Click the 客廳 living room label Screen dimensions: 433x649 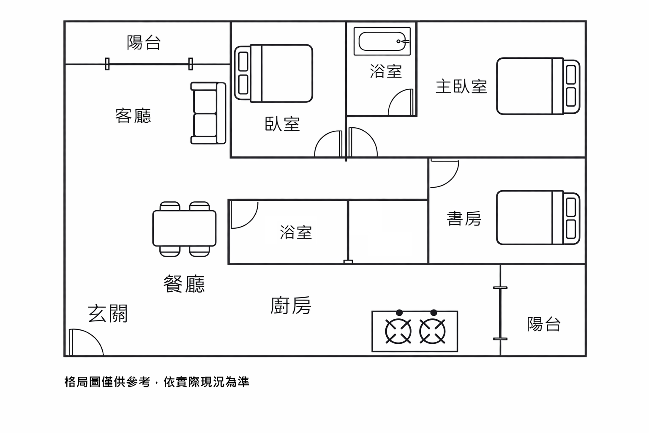[x=133, y=115]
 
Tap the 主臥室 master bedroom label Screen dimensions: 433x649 [x=461, y=87]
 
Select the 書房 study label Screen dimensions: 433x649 [x=464, y=219]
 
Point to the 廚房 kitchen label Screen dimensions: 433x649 [x=291, y=305]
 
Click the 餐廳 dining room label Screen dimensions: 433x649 [x=184, y=284]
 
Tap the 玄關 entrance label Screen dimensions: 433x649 [x=107, y=314]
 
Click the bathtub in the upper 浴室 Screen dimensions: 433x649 [x=382, y=41]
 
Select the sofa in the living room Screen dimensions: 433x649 [x=208, y=113]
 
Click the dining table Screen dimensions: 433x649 [x=184, y=228]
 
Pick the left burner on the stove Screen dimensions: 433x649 [x=398, y=331]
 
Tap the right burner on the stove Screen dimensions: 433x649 [x=432, y=331]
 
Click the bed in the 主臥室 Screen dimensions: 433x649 [x=537, y=86]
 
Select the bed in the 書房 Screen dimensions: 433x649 [x=537, y=217]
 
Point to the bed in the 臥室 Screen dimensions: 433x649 [x=274, y=74]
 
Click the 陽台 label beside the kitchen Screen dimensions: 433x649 [x=544, y=324]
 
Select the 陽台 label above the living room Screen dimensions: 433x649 [x=144, y=42]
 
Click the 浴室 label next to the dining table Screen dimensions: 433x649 [x=296, y=232]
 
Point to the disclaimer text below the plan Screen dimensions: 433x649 [x=157, y=382]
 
